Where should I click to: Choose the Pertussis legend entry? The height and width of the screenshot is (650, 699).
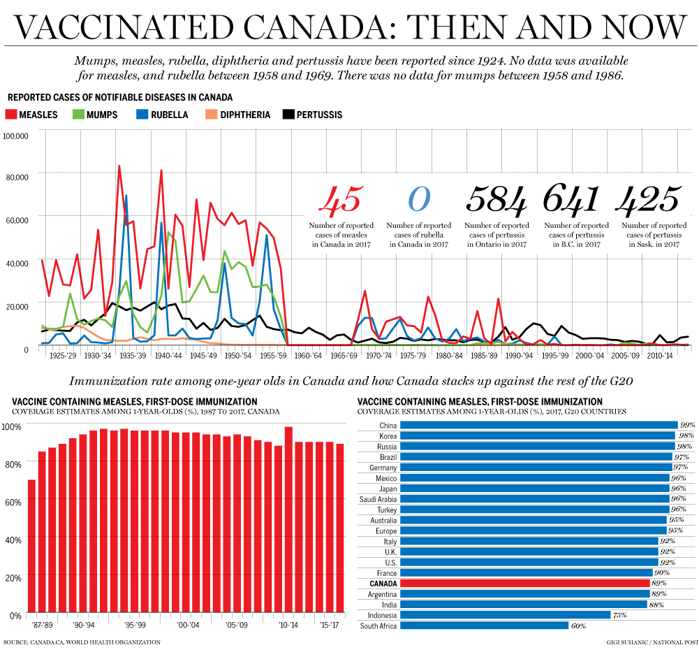point(312,114)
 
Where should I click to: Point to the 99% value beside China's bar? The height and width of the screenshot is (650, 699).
point(688,425)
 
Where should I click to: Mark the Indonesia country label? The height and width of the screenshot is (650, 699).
point(380,615)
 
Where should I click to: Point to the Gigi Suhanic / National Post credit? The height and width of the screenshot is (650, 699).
point(650,642)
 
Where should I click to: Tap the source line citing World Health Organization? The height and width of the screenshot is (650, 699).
point(82,642)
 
